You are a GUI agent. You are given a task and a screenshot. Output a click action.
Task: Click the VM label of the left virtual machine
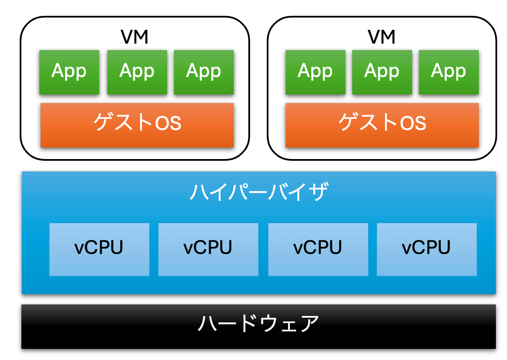pyautogui.click(x=135, y=38)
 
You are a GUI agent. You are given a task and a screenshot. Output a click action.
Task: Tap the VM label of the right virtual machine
pyautogui.click(x=381, y=38)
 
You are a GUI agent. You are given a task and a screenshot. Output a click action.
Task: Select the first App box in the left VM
pyautogui.click(x=69, y=72)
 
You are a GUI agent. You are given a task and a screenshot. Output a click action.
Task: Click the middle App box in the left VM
pyautogui.click(x=137, y=72)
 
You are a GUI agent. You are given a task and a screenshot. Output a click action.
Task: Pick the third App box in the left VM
pyautogui.click(x=203, y=72)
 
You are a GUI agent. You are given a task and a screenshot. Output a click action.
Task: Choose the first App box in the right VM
pyautogui.click(x=315, y=72)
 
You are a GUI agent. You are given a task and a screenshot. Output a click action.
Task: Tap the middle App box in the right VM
pyautogui.click(x=382, y=72)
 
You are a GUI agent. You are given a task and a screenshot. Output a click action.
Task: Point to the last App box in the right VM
pyautogui.click(x=448, y=72)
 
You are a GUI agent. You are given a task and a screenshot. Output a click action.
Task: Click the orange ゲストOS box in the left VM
pyautogui.click(x=137, y=125)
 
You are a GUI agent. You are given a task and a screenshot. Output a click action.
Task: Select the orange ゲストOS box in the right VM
pyautogui.click(x=382, y=125)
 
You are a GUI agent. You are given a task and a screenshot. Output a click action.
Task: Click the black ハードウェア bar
pyautogui.click(x=259, y=326)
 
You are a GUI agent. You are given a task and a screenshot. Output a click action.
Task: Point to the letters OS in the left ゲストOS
pyautogui.click(x=168, y=124)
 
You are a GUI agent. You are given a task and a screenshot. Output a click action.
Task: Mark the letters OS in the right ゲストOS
pyautogui.click(x=413, y=124)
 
